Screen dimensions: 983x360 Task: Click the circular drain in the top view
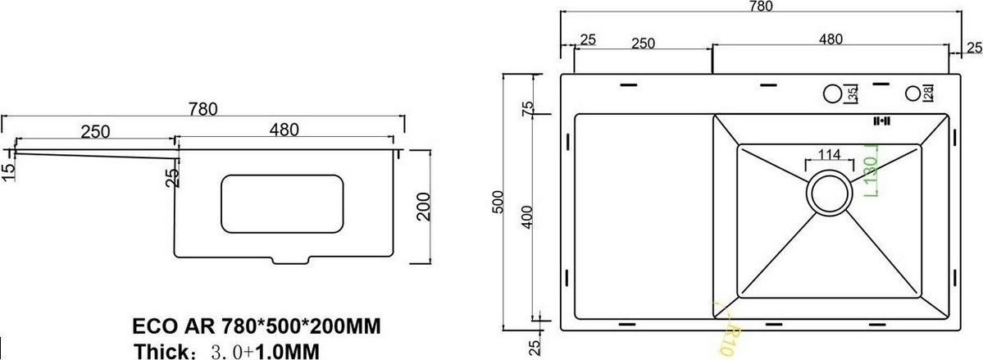coord(830,192)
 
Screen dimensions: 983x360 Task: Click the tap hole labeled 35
coord(832,94)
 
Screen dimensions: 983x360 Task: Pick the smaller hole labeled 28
coord(912,94)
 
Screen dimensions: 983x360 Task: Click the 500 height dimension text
coord(498,202)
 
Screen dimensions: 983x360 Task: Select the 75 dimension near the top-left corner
coord(527,108)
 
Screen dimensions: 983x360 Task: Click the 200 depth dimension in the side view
coord(424,206)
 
